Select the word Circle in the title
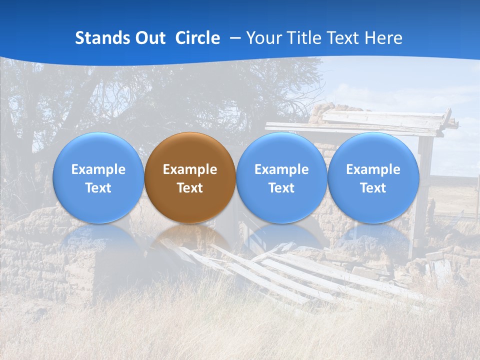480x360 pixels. [x=197, y=38]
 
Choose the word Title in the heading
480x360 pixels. [x=305, y=38]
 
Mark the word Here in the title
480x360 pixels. [x=383, y=38]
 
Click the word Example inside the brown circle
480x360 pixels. [x=190, y=169]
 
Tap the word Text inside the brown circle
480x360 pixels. [x=190, y=188]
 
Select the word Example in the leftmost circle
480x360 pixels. [x=98, y=169]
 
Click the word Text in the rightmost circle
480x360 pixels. [x=373, y=188]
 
